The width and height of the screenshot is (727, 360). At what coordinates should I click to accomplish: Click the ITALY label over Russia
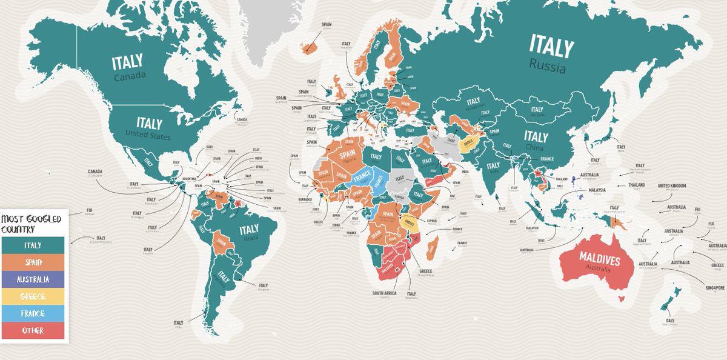(550, 45)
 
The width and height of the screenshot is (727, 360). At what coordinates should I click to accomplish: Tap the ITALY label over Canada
(127, 62)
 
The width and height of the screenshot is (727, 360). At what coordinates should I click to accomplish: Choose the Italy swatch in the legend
(33, 245)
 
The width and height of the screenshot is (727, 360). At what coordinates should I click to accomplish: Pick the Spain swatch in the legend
(33, 262)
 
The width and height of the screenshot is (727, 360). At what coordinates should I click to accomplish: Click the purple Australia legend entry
(33, 279)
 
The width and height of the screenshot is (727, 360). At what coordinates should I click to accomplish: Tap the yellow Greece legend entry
(33, 296)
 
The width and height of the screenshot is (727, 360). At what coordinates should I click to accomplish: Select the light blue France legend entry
(33, 313)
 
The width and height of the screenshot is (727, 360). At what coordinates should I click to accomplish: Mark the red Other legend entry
(33, 331)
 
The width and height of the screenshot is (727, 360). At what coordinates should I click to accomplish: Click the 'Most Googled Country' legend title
(24, 223)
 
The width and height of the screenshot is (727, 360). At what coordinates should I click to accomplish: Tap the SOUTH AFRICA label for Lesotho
(384, 293)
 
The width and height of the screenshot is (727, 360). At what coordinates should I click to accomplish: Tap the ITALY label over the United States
(149, 123)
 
